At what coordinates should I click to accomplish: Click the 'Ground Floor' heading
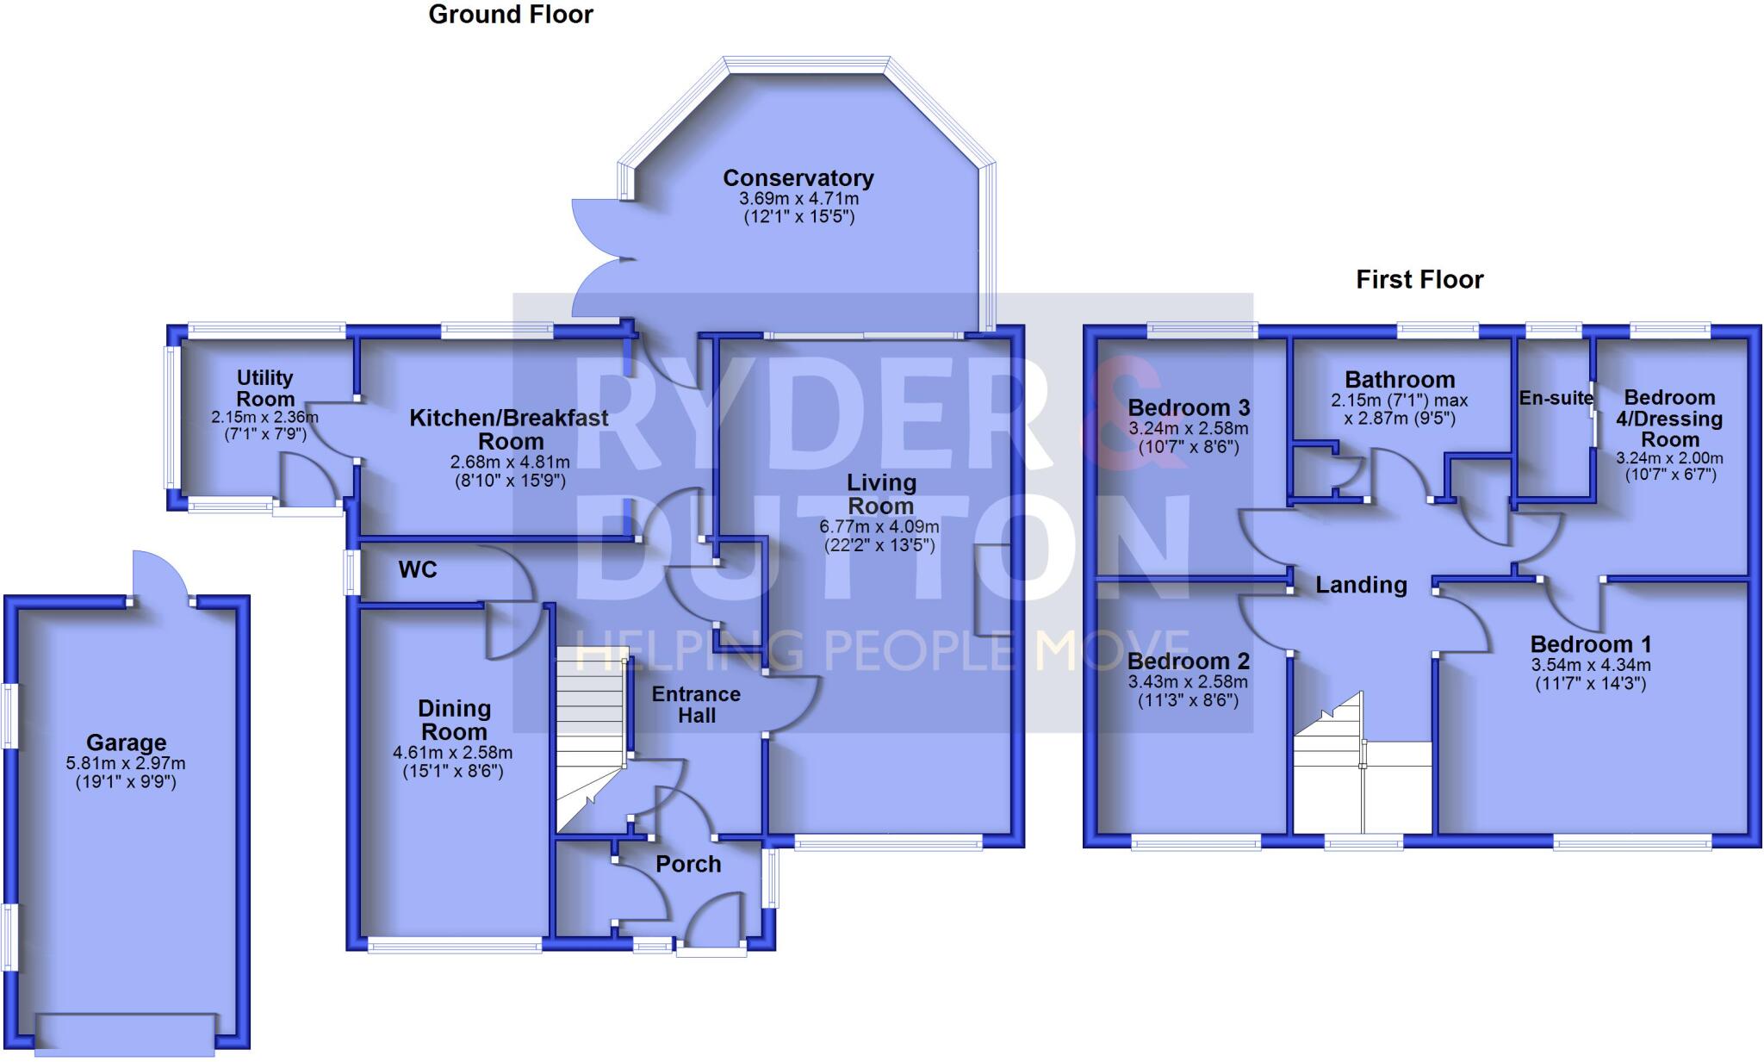(511, 15)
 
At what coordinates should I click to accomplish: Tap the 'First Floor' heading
(1419, 279)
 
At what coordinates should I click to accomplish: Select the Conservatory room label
(798, 178)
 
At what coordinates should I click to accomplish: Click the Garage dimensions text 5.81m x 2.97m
(126, 763)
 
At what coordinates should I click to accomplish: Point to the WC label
(418, 569)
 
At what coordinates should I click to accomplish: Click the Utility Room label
(265, 388)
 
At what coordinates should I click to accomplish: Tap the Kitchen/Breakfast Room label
(509, 429)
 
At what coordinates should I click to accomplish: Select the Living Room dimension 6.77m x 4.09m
(879, 526)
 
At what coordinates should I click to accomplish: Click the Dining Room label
(454, 720)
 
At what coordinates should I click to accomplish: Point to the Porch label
(688, 864)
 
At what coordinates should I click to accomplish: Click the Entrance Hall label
(696, 705)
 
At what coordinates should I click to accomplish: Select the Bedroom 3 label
(1189, 407)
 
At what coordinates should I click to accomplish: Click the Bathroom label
(1400, 380)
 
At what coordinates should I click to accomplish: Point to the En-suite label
(1556, 398)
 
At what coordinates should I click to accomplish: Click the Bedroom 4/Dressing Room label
(1669, 419)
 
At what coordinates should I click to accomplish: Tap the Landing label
(1361, 585)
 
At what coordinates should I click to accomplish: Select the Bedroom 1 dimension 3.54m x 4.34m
(1591, 665)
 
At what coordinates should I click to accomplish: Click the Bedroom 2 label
(1188, 661)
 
